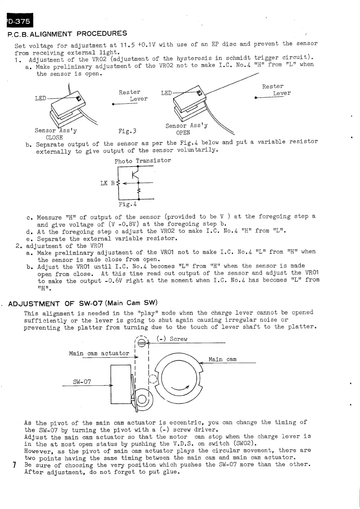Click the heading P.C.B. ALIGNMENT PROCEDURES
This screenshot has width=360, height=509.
67,34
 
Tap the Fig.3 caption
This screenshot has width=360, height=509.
127,131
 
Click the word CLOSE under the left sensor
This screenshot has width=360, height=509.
54,138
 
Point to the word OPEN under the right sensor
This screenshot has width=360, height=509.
183,133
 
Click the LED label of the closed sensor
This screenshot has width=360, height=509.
41,98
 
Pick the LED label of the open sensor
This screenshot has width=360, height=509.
166,93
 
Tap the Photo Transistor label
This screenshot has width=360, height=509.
143,161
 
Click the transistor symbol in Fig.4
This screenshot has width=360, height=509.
135,175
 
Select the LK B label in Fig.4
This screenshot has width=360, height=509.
108,183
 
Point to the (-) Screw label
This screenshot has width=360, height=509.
172,339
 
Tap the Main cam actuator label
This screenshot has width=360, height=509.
99,353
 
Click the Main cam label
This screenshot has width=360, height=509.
222,359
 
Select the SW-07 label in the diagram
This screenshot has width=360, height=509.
82,382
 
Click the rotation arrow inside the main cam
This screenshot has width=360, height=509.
180,389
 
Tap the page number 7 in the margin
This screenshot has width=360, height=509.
14,465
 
